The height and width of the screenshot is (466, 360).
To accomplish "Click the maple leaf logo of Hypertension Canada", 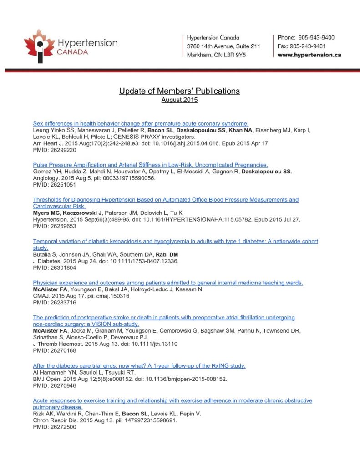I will tap(40, 46).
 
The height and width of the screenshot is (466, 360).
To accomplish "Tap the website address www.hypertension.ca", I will tap(309, 55).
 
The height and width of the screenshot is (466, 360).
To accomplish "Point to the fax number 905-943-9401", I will tap(313, 46).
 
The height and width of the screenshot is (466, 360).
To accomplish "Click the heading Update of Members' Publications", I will tap(179, 91).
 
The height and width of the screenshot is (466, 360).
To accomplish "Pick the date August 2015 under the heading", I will tap(179, 100).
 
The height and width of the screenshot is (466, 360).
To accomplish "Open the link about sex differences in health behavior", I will tap(141, 123).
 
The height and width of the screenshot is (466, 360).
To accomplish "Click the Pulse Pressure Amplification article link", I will tap(150, 165).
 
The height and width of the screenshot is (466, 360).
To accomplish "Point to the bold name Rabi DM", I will tap(167, 254).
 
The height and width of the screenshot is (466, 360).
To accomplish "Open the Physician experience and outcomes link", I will tap(168, 283).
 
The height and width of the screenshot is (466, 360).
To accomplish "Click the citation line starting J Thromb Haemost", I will tap(105, 344).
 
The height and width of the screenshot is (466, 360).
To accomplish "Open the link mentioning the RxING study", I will tap(139, 366).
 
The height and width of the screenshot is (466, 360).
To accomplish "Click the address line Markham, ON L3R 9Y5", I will tap(216, 55).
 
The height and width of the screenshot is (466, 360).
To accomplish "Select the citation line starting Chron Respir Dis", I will tap(105, 420).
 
